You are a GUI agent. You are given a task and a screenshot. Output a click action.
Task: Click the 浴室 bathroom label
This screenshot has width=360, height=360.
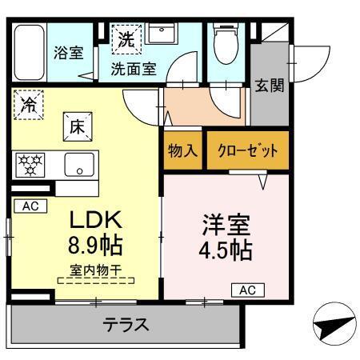point(68,54)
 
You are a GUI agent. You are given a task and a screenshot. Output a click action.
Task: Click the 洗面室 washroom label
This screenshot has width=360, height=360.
point(133,69)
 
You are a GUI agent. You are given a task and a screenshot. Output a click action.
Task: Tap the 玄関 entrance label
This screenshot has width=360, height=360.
point(269,86)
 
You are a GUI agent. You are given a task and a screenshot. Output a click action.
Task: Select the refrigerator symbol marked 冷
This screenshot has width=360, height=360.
point(29,105)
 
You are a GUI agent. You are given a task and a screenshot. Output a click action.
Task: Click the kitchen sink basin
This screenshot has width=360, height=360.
point(78,167)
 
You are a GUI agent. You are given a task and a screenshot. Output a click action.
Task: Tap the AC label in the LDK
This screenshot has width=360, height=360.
point(29,206)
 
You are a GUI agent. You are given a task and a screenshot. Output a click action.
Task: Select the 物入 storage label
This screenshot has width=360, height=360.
point(182,150)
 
